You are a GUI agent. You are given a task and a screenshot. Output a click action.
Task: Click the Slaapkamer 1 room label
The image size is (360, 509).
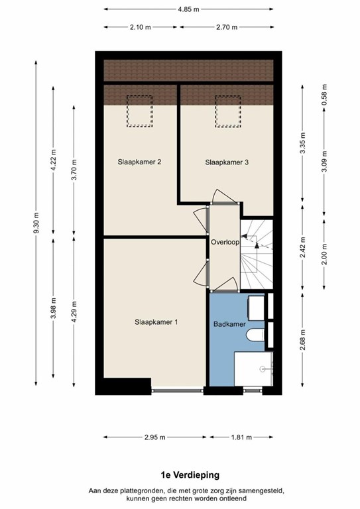pyautogui.click(x=156, y=322)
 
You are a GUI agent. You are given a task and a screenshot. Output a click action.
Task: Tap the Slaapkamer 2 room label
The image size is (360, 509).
pyautogui.click(x=140, y=161)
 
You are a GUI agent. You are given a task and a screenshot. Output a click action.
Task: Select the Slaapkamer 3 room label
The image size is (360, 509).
pyautogui.click(x=226, y=161)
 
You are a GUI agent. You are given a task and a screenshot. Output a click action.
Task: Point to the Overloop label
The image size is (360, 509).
pyautogui.click(x=224, y=242)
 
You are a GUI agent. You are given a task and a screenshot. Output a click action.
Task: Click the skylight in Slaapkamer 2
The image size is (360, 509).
pyautogui.click(x=140, y=111)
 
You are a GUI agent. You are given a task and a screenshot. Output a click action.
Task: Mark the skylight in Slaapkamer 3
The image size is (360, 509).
pyautogui.click(x=226, y=111)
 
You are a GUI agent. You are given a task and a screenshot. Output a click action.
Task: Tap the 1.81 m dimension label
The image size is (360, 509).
pyautogui.click(x=240, y=437)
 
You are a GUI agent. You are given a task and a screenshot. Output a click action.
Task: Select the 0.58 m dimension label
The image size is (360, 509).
pyautogui.click(x=324, y=95)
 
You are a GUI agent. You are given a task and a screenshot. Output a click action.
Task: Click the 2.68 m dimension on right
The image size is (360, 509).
pyautogui.click(x=302, y=341)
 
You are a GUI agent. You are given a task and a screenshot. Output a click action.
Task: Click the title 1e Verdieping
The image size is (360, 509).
pyautogui.click(x=189, y=475)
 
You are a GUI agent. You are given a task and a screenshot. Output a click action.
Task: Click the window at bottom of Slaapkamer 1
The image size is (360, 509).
pyautogui.click(x=176, y=390)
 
